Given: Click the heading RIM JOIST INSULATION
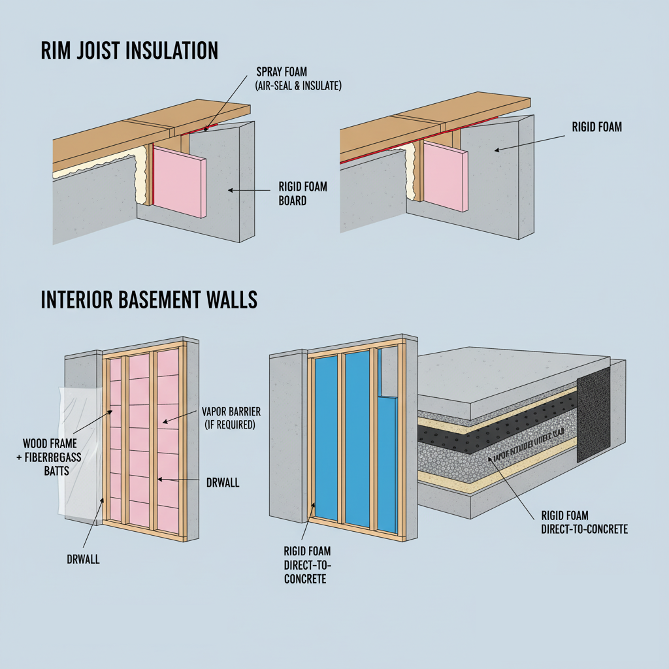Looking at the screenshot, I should point(129,51).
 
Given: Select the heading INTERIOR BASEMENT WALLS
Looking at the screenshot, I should point(149,300).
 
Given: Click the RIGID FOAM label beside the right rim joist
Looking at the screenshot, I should point(596,127).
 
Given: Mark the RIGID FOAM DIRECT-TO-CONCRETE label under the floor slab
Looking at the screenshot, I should point(584,521).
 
